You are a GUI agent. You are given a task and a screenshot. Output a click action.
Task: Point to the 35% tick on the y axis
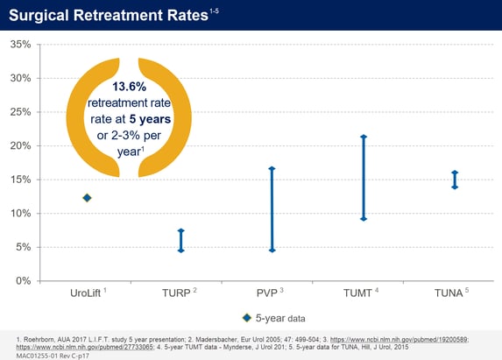[x=19, y=44]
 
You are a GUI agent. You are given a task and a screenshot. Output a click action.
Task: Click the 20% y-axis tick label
[x=19, y=145]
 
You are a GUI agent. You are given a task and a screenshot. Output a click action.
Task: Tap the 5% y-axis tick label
[x=22, y=247]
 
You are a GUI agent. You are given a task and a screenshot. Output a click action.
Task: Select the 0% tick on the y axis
[x=22, y=280]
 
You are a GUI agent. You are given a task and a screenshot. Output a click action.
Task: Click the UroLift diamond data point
[x=87, y=198]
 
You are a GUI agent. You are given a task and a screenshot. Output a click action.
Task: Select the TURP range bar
[x=180, y=241]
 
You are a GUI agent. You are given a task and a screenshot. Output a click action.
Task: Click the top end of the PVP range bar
[x=272, y=168]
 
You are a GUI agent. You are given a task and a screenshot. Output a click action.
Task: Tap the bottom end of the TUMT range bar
[x=363, y=218]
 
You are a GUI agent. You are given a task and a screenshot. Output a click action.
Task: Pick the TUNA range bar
[x=454, y=180]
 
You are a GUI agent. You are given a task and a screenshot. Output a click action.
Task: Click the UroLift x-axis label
[x=87, y=291]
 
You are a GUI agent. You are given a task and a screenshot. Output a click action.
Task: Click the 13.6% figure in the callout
[x=130, y=88]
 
